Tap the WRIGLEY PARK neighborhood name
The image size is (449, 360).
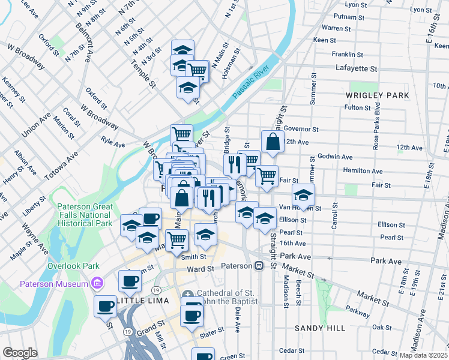pyautogui.click(x=377, y=95)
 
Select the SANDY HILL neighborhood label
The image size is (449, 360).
pyautogui.click(x=320, y=328)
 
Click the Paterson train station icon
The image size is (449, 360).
pyautogui.click(x=259, y=265)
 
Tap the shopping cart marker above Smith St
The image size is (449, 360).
pyautogui.click(x=176, y=239)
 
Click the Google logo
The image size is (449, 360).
pyautogui.click(x=20, y=353)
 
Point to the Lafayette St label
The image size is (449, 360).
pyautogui.click(x=356, y=68)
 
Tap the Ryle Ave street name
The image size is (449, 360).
pyautogui.click(x=113, y=145)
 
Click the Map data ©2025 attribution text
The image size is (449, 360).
pyautogui.click(x=423, y=355)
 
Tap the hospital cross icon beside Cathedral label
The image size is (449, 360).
pyautogui.click(x=188, y=294)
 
